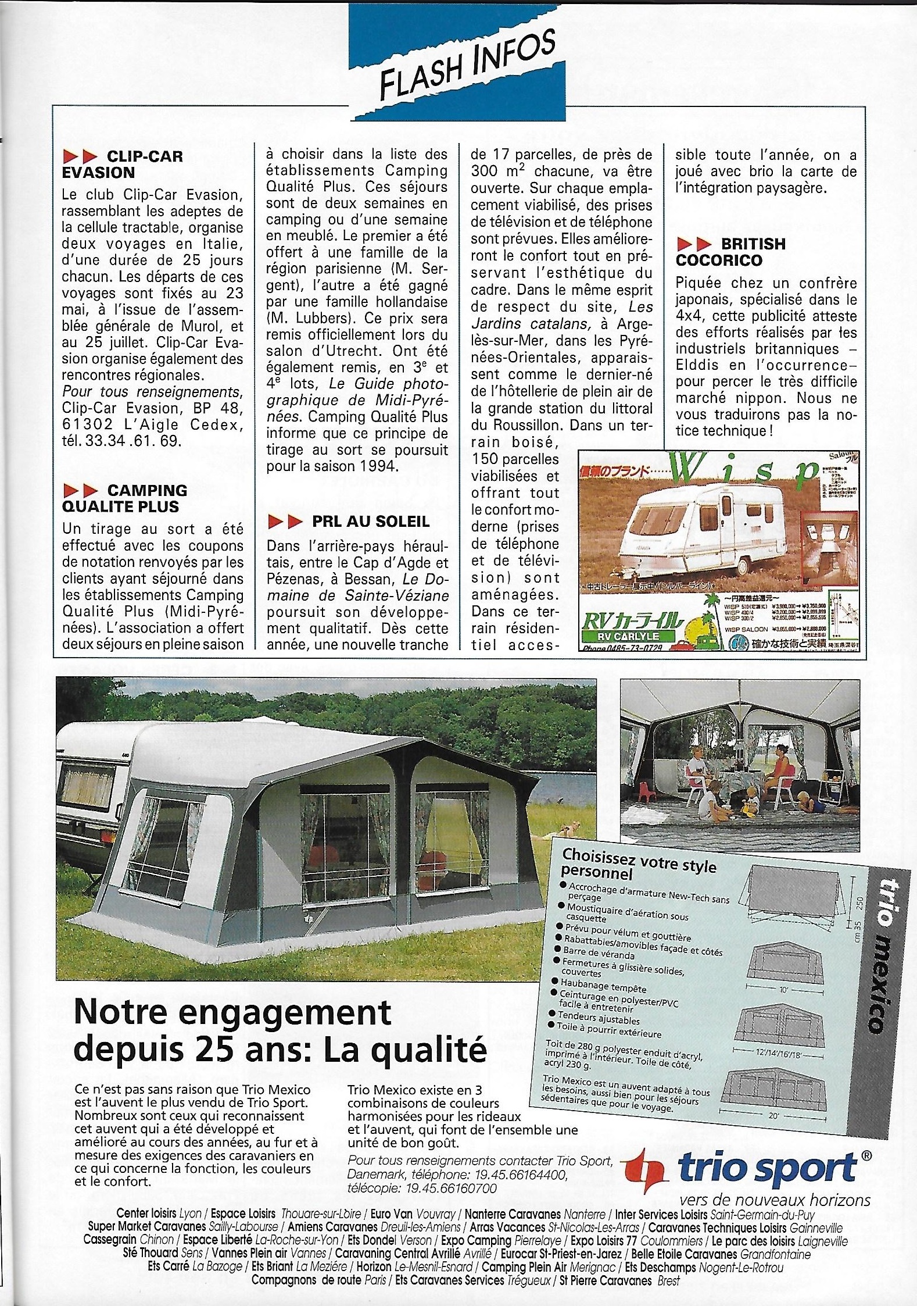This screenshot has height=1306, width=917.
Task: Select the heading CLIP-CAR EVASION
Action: [123, 164]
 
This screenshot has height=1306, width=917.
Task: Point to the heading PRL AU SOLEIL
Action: [349, 522]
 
